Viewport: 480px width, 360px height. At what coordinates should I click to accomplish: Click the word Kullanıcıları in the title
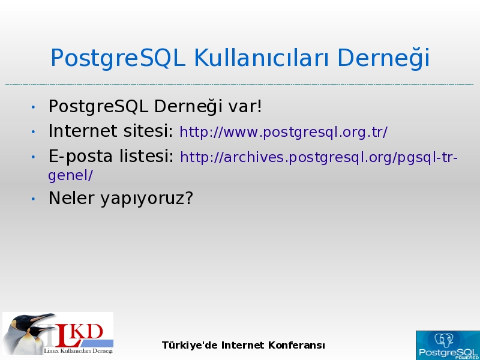point(262,57)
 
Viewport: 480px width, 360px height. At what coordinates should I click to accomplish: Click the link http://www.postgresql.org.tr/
point(283,132)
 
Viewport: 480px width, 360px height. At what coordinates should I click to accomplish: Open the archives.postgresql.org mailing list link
point(253,166)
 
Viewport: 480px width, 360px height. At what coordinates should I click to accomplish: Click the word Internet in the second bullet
point(83,131)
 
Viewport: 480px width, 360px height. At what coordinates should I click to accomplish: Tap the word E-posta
point(80,157)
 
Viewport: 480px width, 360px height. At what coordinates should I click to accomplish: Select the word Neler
point(71,198)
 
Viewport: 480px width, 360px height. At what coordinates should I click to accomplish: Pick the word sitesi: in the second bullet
point(149,131)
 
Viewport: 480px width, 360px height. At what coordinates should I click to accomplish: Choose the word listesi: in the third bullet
point(146,156)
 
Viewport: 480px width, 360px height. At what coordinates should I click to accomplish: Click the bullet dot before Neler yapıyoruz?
point(34,199)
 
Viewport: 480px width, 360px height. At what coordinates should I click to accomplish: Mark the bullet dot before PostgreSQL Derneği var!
point(34,107)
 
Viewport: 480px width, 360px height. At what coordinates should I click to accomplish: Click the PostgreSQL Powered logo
point(448,346)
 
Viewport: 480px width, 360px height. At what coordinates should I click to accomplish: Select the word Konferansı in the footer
point(296,346)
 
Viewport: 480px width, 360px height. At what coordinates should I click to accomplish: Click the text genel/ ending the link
point(70,176)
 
